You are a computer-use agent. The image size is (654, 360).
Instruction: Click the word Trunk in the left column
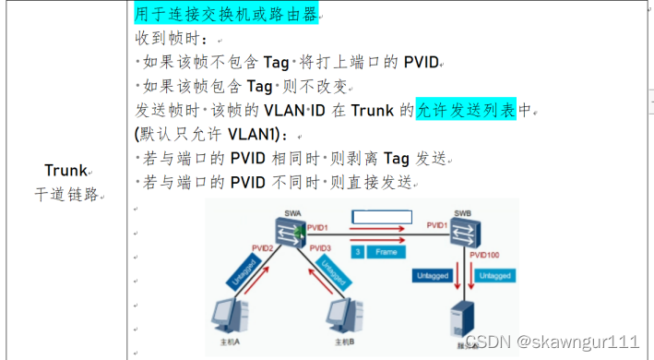coord(65,170)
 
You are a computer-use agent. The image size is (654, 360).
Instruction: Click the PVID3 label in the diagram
coord(321,248)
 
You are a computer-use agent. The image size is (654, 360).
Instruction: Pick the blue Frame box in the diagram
coord(386,251)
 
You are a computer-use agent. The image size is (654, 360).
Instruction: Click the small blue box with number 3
coord(357,251)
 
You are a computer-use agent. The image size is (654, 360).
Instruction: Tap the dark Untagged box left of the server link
coord(433,275)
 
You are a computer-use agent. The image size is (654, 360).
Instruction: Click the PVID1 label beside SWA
coord(317,225)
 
